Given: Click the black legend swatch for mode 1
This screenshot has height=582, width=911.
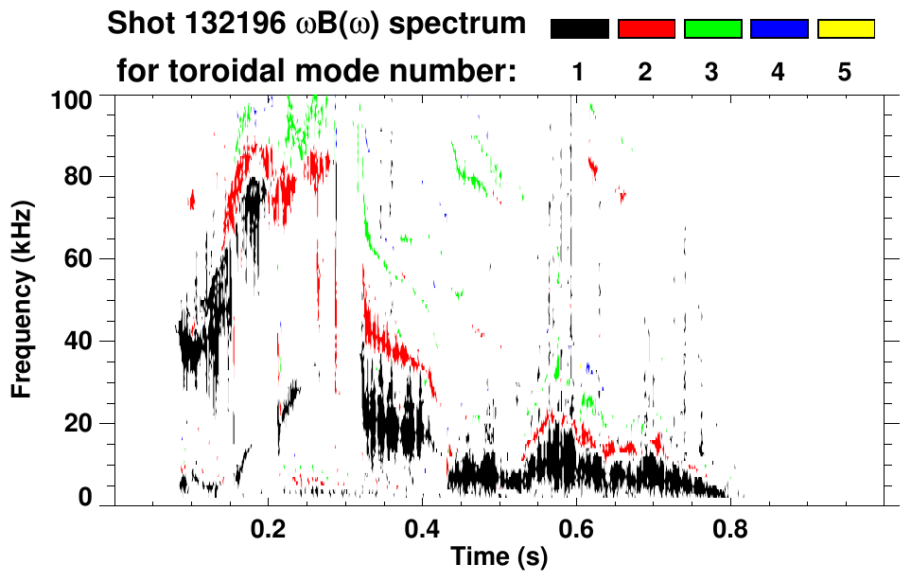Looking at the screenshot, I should pos(579,29).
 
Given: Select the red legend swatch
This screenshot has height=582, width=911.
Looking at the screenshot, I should pos(646,29).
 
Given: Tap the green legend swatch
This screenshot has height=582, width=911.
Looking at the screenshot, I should pos(712,29).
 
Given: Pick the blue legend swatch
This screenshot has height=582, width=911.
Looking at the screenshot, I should pos(779,29).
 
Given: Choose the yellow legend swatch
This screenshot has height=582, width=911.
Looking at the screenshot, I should pos(845,29).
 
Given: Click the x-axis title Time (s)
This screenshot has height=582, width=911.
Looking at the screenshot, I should pos(499,558).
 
